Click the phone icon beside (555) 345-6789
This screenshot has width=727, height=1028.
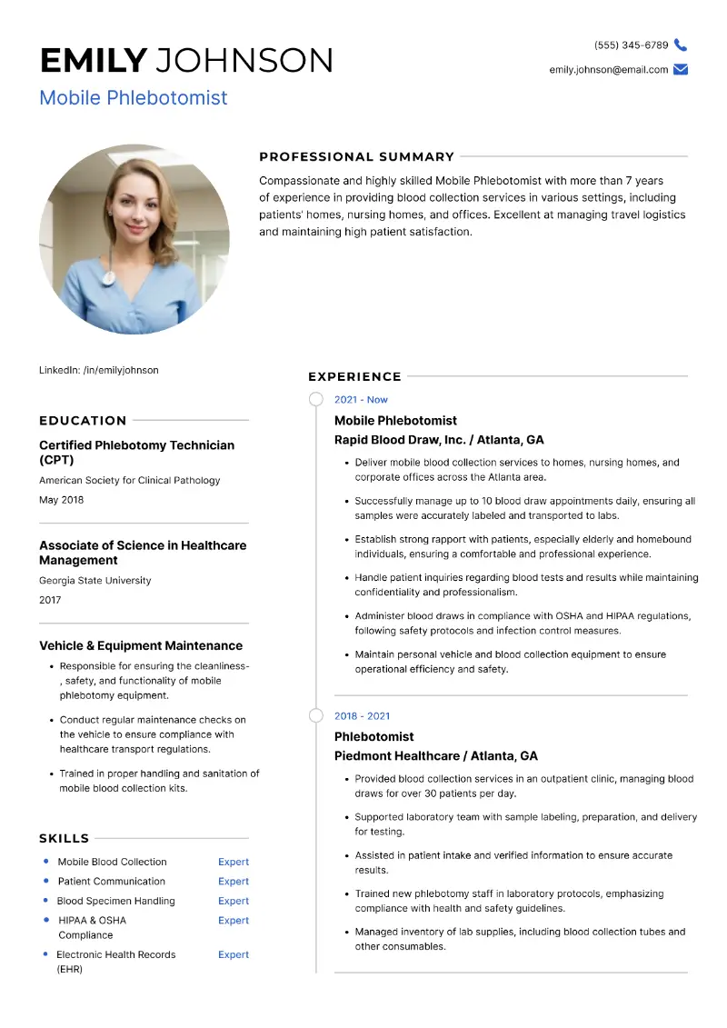point(681,45)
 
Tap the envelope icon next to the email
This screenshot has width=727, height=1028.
point(681,70)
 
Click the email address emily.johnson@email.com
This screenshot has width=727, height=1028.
point(608,70)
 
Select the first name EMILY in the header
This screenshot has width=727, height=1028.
point(93,61)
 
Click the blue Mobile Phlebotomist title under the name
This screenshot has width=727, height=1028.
point(134,97)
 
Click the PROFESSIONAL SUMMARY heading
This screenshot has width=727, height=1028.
point(356,156)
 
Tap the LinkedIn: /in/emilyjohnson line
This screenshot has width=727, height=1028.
point(99,370)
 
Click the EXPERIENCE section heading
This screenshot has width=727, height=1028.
point(354,376)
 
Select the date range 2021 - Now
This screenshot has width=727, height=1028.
point(361,400)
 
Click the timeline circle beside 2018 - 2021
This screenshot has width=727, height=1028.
point(315,716)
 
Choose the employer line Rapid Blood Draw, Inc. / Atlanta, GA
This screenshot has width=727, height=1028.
point(439,440)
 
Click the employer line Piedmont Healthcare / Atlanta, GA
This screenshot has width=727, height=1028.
point(436,756)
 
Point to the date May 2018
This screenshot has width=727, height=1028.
point(62,500)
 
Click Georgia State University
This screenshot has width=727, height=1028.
point(95,580)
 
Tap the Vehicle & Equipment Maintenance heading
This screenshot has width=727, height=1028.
point(141,645)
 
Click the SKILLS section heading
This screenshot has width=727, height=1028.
point(65,838)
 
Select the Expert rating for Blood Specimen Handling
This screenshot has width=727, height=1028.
point(234,901)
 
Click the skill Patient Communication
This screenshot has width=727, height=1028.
point(112,881)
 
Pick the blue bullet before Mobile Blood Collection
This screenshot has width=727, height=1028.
point(45,861)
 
